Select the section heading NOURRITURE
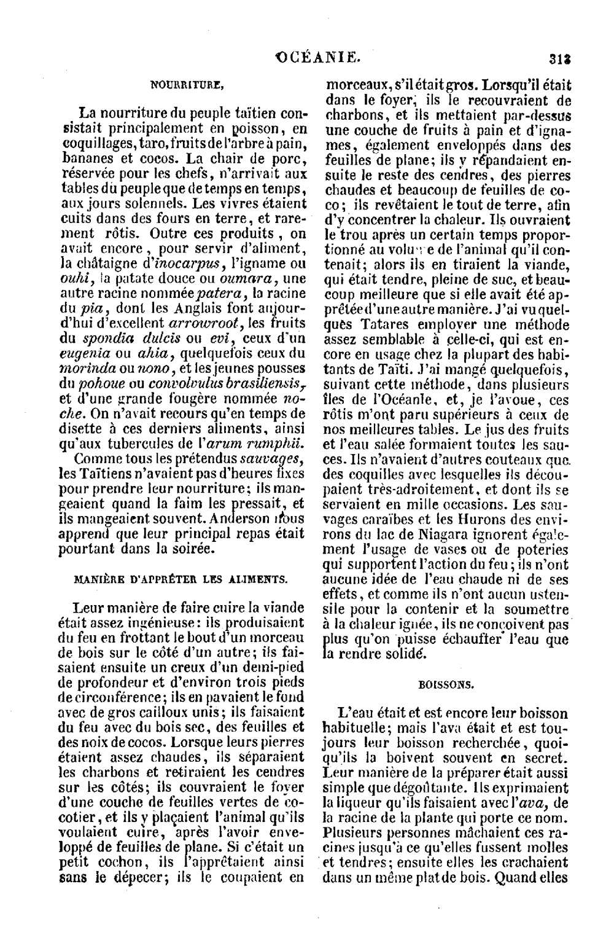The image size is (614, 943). pyautogui.click(x=186, y=86)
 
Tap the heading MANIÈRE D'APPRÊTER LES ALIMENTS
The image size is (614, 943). pyautogui.click(x=180, y=579)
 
